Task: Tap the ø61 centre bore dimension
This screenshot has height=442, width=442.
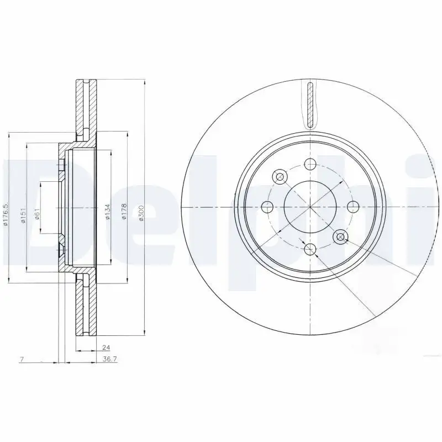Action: pyautogui.click(x=36, y=214)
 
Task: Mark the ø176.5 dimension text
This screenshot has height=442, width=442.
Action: pyautogui.click(x=7, y=214)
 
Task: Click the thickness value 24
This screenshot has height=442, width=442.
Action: pyautogui.click(x=105, y=348)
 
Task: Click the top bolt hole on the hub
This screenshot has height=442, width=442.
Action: pyautogui.click(x=311, y=164)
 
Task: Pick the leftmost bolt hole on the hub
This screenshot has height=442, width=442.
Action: pyautogui.click(x=268, y=207)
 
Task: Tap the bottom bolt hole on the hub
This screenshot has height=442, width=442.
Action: pyautogui.click(x=311, y=249)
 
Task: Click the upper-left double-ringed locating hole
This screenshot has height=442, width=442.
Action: pyautogui.click(x=280, y=177)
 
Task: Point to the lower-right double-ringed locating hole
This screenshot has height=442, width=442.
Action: pyautogui.click(x=340, y=237)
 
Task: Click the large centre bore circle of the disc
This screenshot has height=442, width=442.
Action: pyautogui.click(x=311, y=207)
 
